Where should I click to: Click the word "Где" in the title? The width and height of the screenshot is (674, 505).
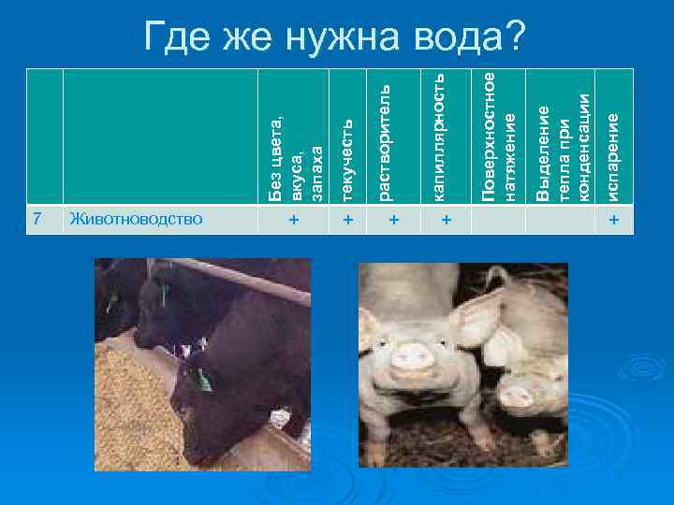[177, 36]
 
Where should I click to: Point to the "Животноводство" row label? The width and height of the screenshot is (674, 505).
[135, 219]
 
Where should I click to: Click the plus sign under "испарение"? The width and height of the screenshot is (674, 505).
[613, 220]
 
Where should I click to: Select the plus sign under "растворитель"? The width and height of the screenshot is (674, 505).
[393, 220]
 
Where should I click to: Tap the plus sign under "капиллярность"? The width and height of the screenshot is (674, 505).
[447, 220]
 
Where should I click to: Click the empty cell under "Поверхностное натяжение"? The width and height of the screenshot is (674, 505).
[499, 220]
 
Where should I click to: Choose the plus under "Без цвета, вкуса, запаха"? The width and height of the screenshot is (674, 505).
[294, 220]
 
